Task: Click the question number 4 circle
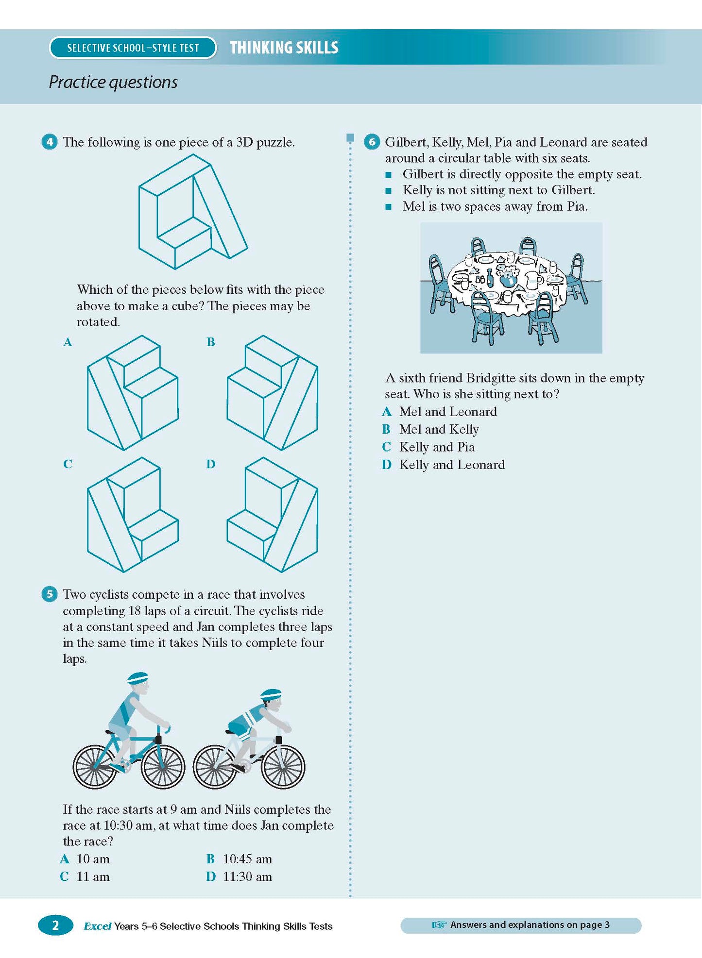[x=50, y=142]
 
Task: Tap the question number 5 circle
[x=50, y=594]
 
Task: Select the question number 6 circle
[x=372, y=142]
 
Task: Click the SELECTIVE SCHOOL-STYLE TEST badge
[x=133, y=48]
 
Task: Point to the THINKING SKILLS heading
[x=284, y=48]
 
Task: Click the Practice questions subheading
[x=113, y=82]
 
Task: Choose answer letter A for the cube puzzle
[x=68, y=342]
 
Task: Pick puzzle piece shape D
[x=272, y=515]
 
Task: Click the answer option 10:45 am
[x=247, y=859]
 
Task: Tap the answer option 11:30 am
[x=247, y=876]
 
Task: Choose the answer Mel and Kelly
[x=439, y=429]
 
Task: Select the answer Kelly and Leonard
[x=452, y=465]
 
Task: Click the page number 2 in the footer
[x=55, y=925]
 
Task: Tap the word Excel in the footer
[x=98, y=926]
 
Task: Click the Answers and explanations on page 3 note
[x=521, y=925]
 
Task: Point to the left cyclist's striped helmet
[x=137, y=677]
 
